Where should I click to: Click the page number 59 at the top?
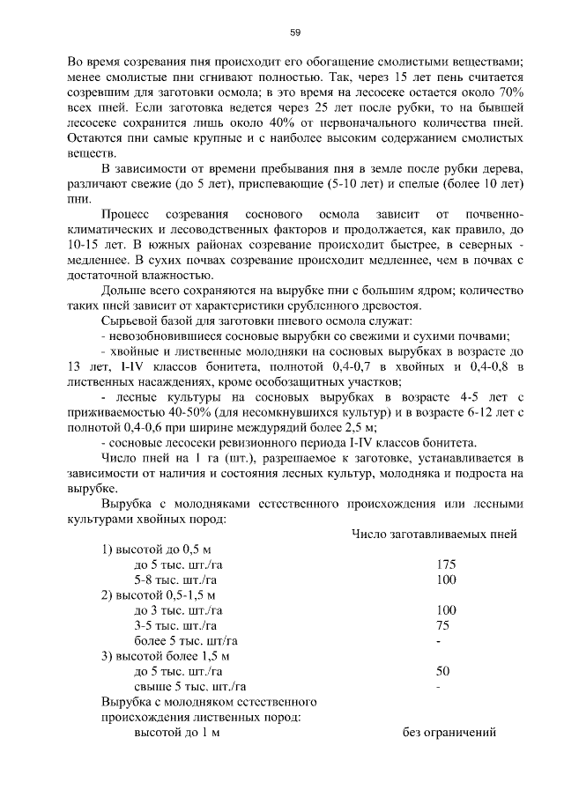click(295, 33)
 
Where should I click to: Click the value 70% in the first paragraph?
click(509, 92)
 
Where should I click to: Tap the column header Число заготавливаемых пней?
click(434, 534)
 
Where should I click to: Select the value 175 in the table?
click(446, 565)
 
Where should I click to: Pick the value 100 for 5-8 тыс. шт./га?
click(446, 579)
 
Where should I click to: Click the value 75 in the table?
click(442, 625)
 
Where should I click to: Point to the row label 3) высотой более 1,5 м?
click(164, 656)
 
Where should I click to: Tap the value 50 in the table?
click(443, 671)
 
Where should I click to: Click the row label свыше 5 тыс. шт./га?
click(189, 686)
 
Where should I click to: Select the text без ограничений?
click(449, 732)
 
